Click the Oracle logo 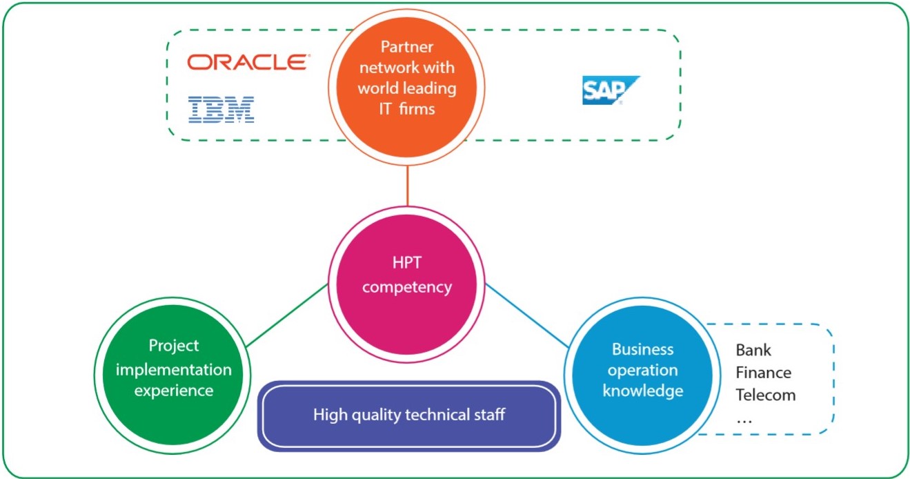point(248,62)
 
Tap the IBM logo point(221,109)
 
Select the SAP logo point(611,90)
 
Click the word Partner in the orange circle point(406,47)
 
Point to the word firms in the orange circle point(417,109)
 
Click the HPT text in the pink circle point(406,262)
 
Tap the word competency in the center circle point(407,288)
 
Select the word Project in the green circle point(173,346)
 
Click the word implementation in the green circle point(173,370)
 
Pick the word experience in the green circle point(173,391)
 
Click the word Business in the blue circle point(643,349)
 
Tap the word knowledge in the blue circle point(643,391)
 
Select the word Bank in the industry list point(753,350)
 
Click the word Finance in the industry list point(763,373)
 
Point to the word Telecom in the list point(765,395)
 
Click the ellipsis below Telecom point(744,422)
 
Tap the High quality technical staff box point(409,416)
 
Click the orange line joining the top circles point(408,186)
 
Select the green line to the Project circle point(287,315)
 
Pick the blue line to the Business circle point(527,315)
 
